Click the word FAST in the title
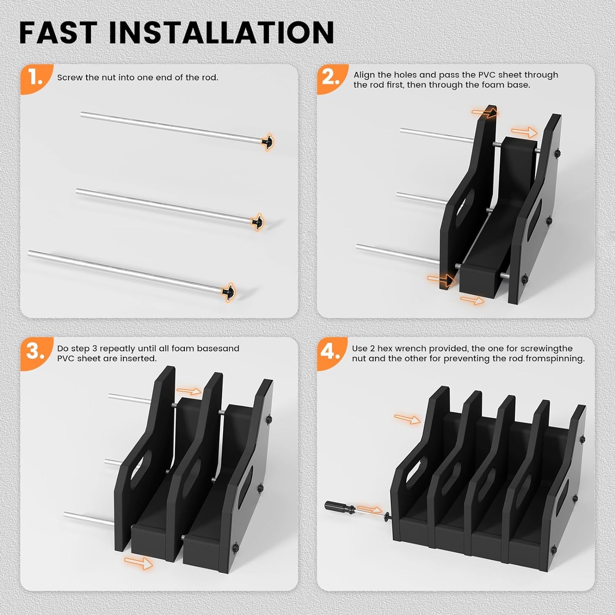coord(58,33)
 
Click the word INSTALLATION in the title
coord(222,33)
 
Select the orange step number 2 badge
coord(331,77)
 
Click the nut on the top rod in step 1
coord(267,142)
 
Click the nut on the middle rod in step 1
coord(257,222)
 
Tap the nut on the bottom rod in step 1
coord(228,292)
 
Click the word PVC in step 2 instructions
coord(487,75)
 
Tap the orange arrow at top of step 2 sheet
coord(485,112)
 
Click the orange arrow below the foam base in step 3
coord(139,563)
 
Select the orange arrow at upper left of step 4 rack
coord(407,419)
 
